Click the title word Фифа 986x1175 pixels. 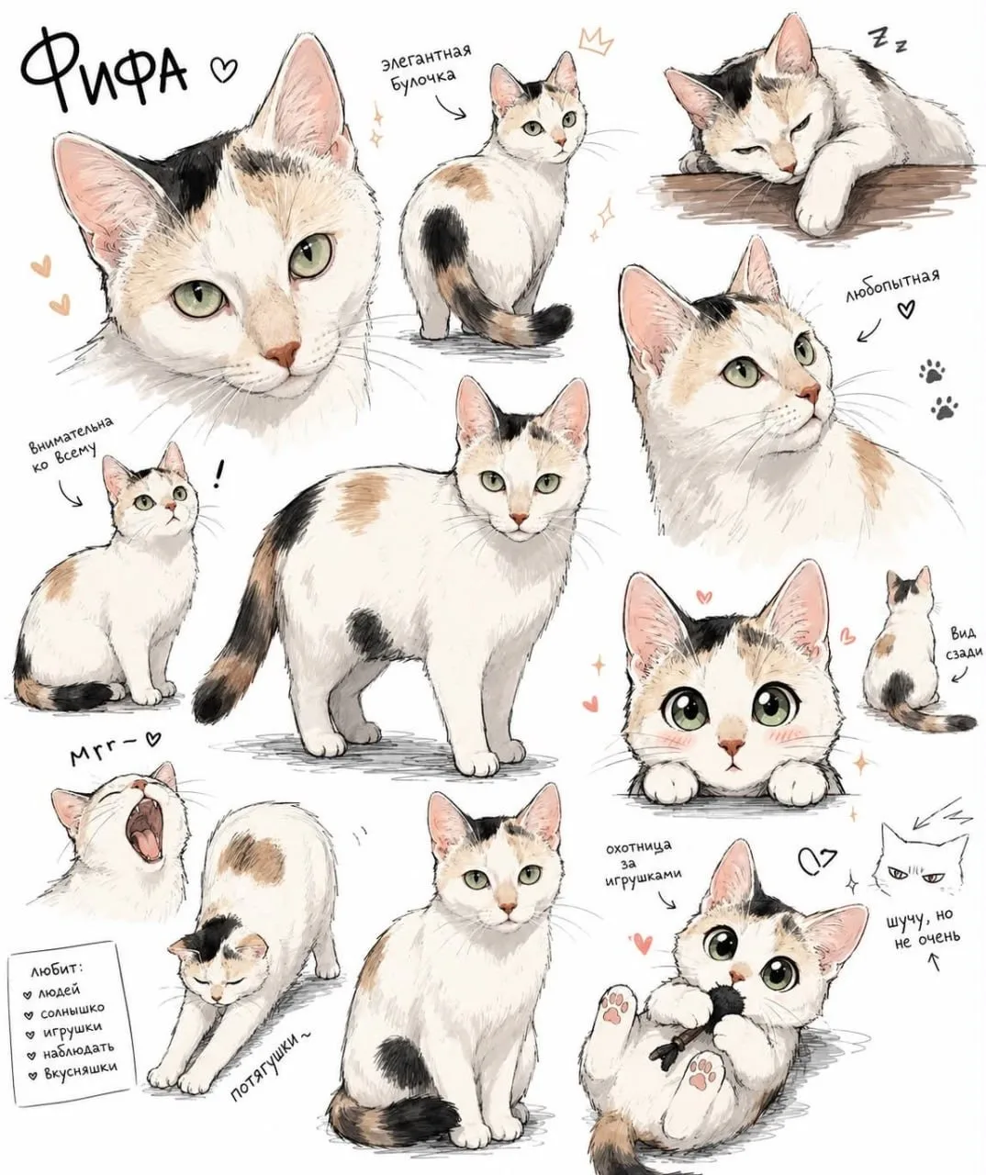[x=104, y=74]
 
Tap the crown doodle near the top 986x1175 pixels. [x=596, y=42]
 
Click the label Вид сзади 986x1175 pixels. [x=965, y=643]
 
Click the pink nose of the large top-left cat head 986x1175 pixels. [x=284, y=354]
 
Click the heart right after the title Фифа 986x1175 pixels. [x=223, y=70]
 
